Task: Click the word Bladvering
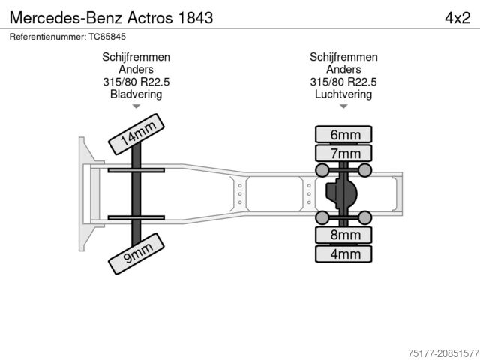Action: [136, 94]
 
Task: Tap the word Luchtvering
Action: [344, 94]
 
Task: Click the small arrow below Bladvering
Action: [136, 106]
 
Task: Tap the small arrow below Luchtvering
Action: [344, 106]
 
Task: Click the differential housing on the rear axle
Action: [341, 194]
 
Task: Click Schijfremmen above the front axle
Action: [136, 58]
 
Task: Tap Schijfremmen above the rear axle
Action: [344, 58]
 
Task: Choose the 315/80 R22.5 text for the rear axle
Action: [344, 82]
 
